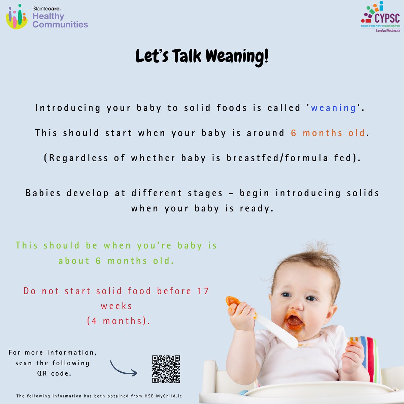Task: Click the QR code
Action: pyautogui.click(x=166, y=369)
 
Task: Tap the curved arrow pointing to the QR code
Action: pyautogui.click(x=123, y=368)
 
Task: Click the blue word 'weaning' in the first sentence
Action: pyautogui.click(x=333, y=108)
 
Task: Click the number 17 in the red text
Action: pyautogui.click(x=203, y=291)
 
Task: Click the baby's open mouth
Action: pyautogui.click(x=294, y=321)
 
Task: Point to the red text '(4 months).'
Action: pyautogui.click(x=119, y=321)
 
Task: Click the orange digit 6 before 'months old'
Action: pyautogui.click(x=294, y=133)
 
